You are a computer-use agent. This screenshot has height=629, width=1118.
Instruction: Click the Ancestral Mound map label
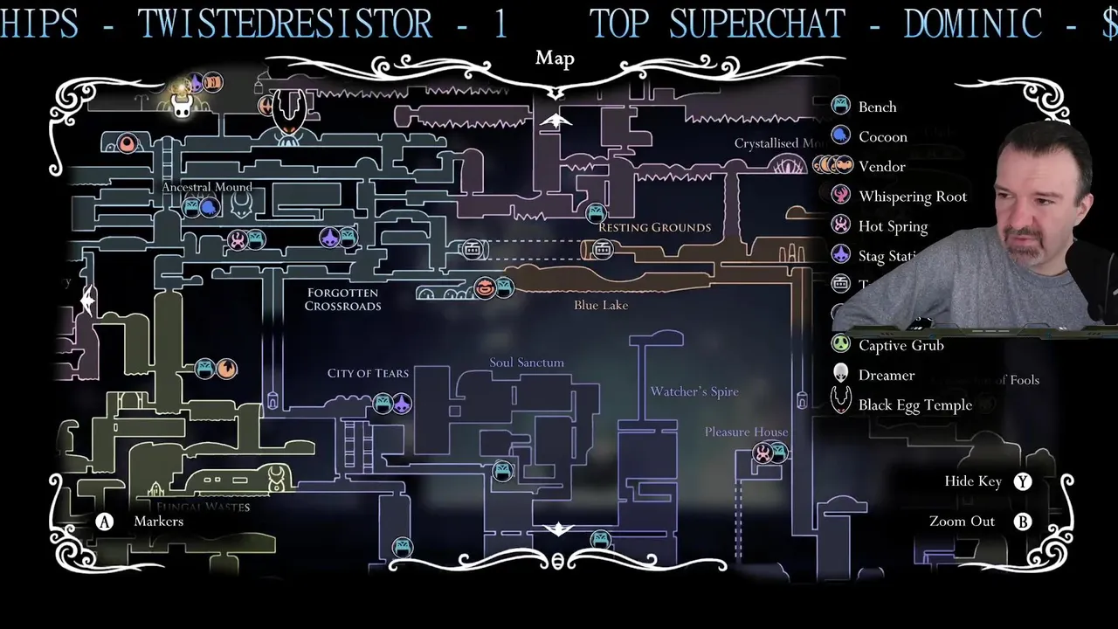click(207, 187)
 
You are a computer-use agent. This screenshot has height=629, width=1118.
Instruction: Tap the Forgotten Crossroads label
click(342, 300)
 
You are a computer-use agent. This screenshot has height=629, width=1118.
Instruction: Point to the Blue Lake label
click(601, 305)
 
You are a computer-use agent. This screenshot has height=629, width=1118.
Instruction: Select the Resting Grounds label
click(654, 227)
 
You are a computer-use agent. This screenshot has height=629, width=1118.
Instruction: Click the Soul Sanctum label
click(527, 363)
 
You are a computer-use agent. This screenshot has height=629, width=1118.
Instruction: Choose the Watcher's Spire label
click(694, 391)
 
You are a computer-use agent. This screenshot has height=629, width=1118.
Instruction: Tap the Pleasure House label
click(746, 432)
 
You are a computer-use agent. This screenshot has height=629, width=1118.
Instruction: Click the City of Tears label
click(368, 373)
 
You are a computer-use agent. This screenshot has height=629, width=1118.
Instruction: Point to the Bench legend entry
click(877, 107)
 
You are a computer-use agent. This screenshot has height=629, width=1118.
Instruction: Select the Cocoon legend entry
click(882, 136)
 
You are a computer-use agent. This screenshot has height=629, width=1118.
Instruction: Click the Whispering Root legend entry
click(912, 197)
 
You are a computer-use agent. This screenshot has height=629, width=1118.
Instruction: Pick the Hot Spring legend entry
click(892, 226)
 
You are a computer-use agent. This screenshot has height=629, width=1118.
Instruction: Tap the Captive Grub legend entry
click(901, 345)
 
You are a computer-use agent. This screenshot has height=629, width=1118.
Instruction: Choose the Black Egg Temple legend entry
click(914, 404)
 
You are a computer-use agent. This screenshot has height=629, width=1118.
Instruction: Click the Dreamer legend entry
click(886, 375)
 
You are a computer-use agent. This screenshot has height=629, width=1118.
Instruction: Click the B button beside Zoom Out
click(1023, 522)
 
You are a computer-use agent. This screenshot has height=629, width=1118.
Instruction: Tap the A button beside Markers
click(105, 522)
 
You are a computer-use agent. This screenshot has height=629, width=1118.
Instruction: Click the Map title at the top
click(555, 59)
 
